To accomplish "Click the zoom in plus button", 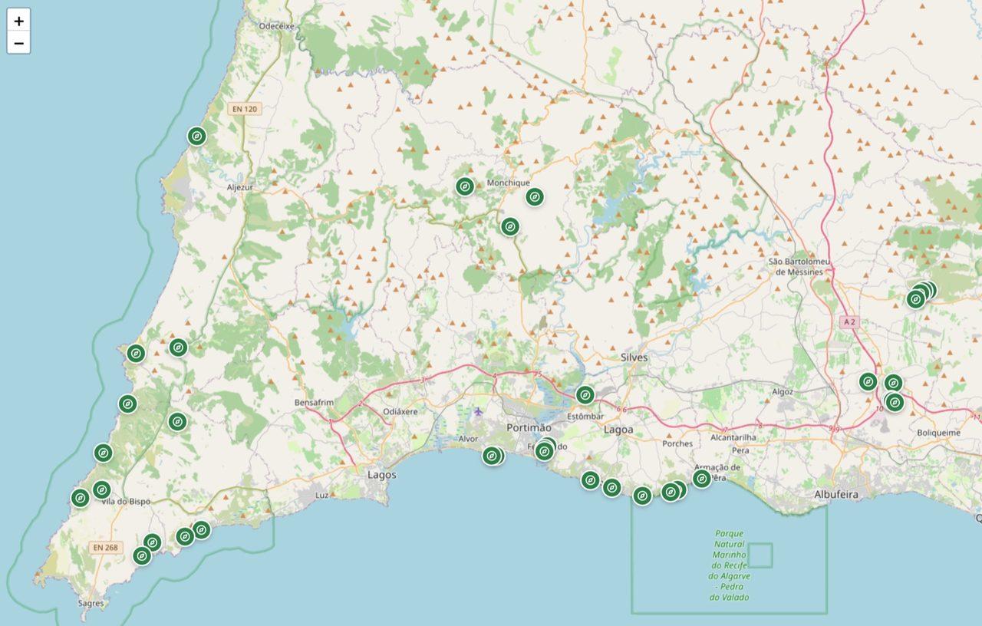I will [18, 21].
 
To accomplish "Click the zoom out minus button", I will [18, 43].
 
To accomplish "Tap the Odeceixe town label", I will [277, 25].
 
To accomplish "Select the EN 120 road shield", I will [245, 109].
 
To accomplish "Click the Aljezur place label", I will [240, 186].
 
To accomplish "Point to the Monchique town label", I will [508, 183].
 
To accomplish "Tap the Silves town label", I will [634, 357].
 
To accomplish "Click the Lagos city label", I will [382, 475].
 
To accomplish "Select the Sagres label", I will [91, 603].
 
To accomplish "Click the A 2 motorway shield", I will [848, 321].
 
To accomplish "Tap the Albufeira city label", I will [836, 495].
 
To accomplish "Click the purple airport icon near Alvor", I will [479, 412].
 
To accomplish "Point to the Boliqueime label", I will [938, 433].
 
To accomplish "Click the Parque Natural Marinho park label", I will [730, 565].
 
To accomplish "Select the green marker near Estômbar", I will [585, 395].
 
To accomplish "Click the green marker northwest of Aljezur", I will [196, 137].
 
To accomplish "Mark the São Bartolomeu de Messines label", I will [799, 266].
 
